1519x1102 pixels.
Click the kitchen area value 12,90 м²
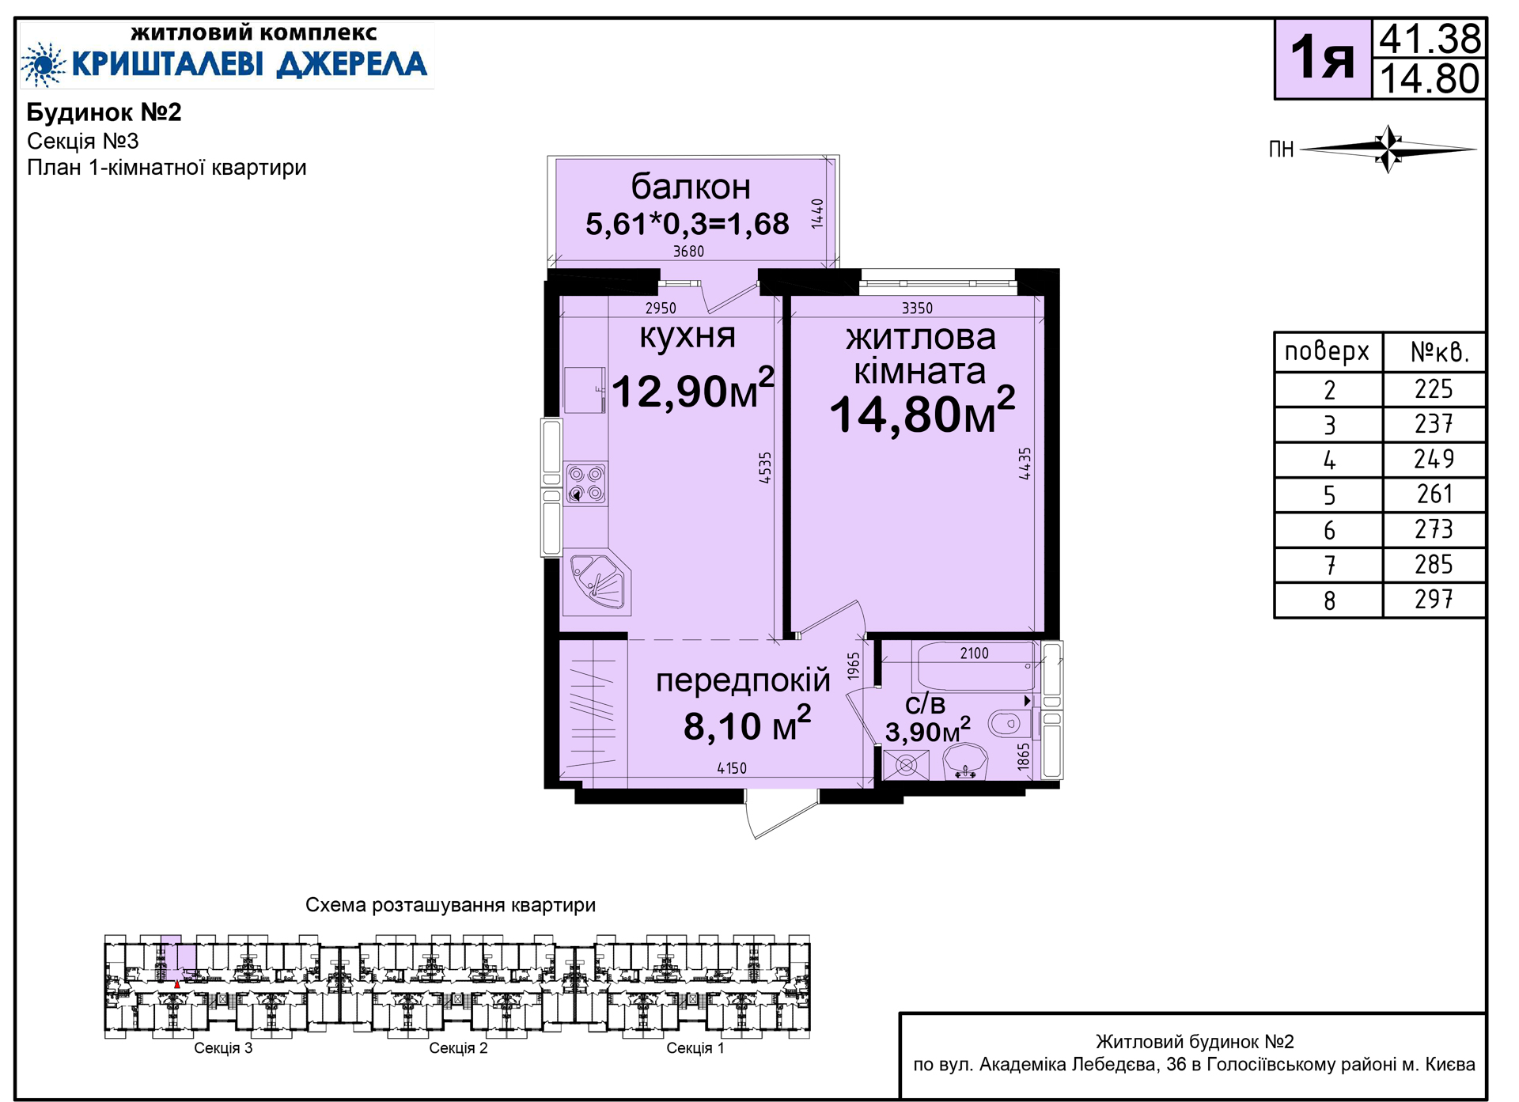click(x=693, y=388)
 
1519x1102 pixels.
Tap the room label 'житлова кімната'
click(x=920, y=354)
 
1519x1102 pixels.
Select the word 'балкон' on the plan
click(x=691, y=187)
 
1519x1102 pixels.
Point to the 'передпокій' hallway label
click(x=743, y=680)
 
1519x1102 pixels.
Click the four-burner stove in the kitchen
click(x=586, y=484)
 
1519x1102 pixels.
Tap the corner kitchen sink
click(x=599, y=581)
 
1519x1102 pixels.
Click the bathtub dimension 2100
click(x=974, y=653)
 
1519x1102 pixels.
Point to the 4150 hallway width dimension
click(x=732, y=768)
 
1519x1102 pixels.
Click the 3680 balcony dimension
click(x=688, y=252)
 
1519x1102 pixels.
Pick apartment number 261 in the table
click(x=1434, y=494)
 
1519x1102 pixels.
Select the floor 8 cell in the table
click(x=1329, y=601)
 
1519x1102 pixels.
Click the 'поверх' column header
click(x=1327, y=351)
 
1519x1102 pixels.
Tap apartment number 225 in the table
click(x=1434, y=389)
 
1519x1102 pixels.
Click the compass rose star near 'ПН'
click(x=1388, y=148)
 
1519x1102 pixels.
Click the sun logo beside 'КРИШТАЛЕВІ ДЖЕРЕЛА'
click(x=43, y=64)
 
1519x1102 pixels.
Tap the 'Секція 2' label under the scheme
click(x=458, y=1048)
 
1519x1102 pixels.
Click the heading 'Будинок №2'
click(x=104, y=112)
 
